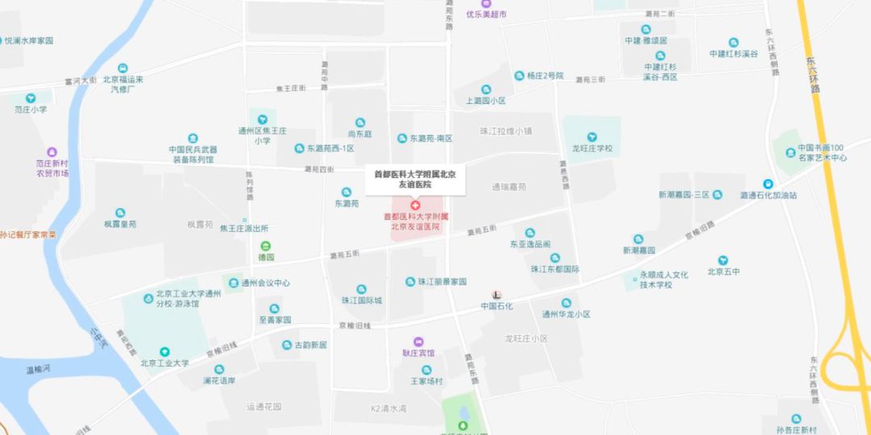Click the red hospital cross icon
[415, 207]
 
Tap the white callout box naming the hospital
[415, 179]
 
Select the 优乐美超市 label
[486, 14]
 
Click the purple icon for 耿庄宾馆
[418, 342]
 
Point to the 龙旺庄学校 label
[592, 148]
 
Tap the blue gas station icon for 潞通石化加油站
[768, 183]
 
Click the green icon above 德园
[265, 246]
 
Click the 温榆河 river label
[38, 369]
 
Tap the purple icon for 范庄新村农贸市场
[52, 152]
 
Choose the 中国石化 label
[497, 306]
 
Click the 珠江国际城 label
[361, 300]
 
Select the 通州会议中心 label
[265, 284]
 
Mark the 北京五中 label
[723, 271]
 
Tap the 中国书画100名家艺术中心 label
[822, 152]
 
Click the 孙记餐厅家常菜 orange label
[28, 234]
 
